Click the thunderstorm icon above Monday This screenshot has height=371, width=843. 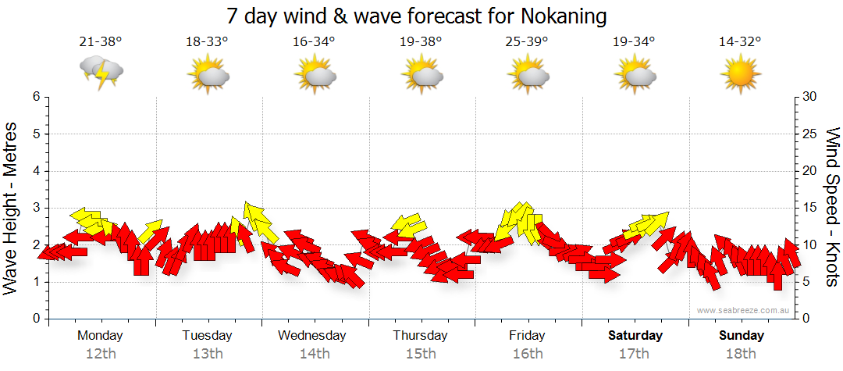coord(101,72)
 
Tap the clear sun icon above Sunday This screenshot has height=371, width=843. coord(741,76)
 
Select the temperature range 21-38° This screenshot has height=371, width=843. coord(100,42)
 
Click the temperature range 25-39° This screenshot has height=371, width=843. coord(527,42)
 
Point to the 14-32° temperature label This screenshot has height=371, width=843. coord(740,42)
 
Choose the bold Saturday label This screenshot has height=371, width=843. coord(635,336)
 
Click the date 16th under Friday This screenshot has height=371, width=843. coord(528,354)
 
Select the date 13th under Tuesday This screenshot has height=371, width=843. coord(208,354)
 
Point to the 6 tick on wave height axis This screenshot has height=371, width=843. coord(35,97)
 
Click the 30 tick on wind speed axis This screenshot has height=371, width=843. coord(810,97)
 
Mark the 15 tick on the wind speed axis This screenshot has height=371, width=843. coord(810,208)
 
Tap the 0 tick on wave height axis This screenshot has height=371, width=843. coord(35,319)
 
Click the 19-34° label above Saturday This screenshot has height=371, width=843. coord(634,42)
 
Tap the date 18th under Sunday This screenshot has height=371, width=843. coord(741,354)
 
